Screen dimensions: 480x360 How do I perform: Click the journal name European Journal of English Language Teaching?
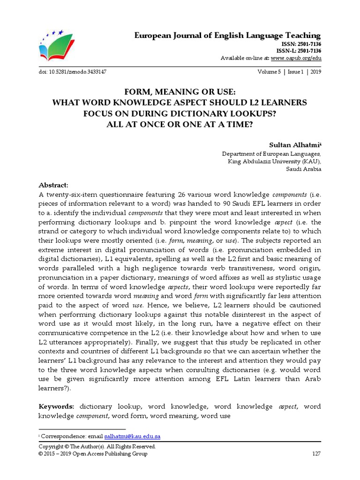[x=228, y=36]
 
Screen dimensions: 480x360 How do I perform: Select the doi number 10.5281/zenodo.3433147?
[x=77, y=72]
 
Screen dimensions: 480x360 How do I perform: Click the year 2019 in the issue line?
[x=315, y=72]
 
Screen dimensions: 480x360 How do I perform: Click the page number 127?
[x=316, y=454]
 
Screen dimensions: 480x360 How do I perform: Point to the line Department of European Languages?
[x=271, y=154]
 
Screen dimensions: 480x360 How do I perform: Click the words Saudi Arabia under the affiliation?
[x=303, y=169]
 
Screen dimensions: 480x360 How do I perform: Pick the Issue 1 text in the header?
[x=293, y=72]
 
